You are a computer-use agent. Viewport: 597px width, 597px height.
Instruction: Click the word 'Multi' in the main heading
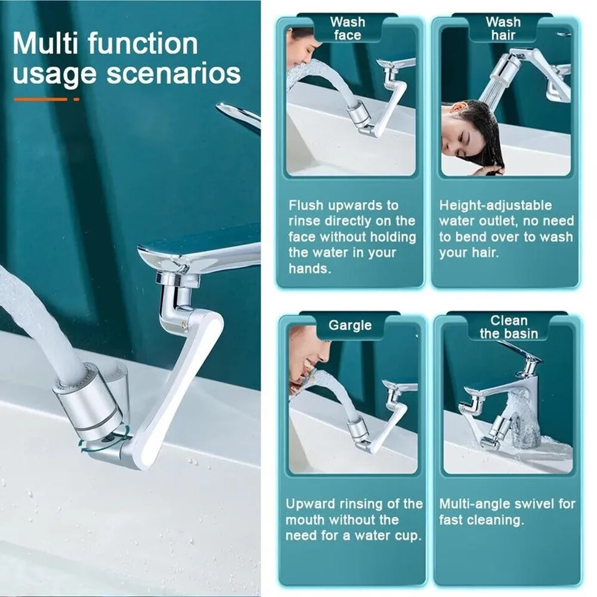44,45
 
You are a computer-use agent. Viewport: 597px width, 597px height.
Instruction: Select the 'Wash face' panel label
347,29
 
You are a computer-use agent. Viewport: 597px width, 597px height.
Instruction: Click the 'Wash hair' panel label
503,29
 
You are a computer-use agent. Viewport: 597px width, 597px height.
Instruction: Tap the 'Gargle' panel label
350,326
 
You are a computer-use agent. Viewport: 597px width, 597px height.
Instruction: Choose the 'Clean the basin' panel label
508,327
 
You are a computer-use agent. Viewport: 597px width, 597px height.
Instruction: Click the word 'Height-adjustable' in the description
496,205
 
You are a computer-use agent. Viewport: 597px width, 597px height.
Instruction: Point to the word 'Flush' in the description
308,205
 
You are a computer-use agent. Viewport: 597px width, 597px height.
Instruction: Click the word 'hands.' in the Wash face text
309,268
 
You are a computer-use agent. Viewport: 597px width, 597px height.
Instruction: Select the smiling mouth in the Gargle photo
311,365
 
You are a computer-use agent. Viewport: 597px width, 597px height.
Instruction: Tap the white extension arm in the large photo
179,388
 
